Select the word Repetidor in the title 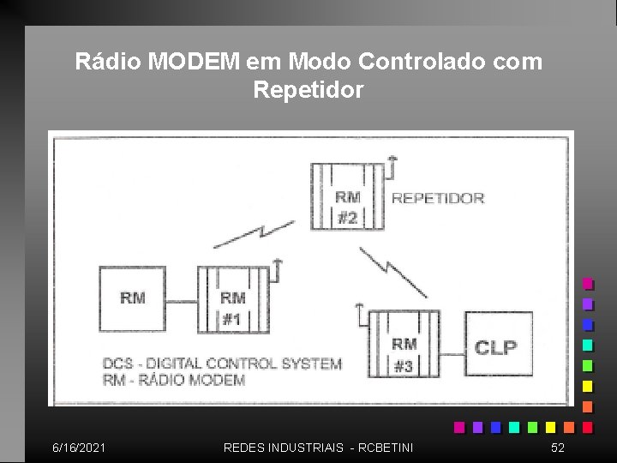[308, 89]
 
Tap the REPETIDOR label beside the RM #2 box [438, 198]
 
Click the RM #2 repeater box [347, 197]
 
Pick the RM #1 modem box [232, 299]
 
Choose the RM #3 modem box [404, 344]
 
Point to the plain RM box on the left [132, 298]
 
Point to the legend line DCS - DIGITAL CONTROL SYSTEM [222, 364]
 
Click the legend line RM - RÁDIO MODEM [174, 380]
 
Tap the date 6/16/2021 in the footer [80, 448]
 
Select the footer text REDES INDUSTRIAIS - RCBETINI [318, 448]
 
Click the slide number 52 [558, 448]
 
